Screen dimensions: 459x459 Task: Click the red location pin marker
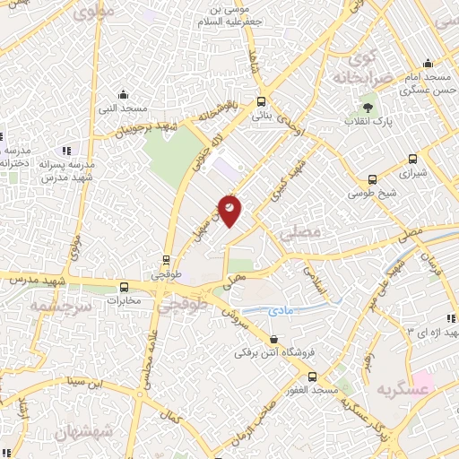(230, 209)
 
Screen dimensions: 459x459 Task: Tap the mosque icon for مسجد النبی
(125, 94)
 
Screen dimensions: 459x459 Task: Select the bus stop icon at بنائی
(261, 101)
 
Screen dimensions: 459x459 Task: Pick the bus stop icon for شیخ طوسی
(373, 178)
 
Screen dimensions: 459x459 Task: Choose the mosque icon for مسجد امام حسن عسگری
(428, 64)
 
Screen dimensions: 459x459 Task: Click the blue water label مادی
(281, 310)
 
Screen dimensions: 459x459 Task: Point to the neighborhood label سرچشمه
(50, 306)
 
